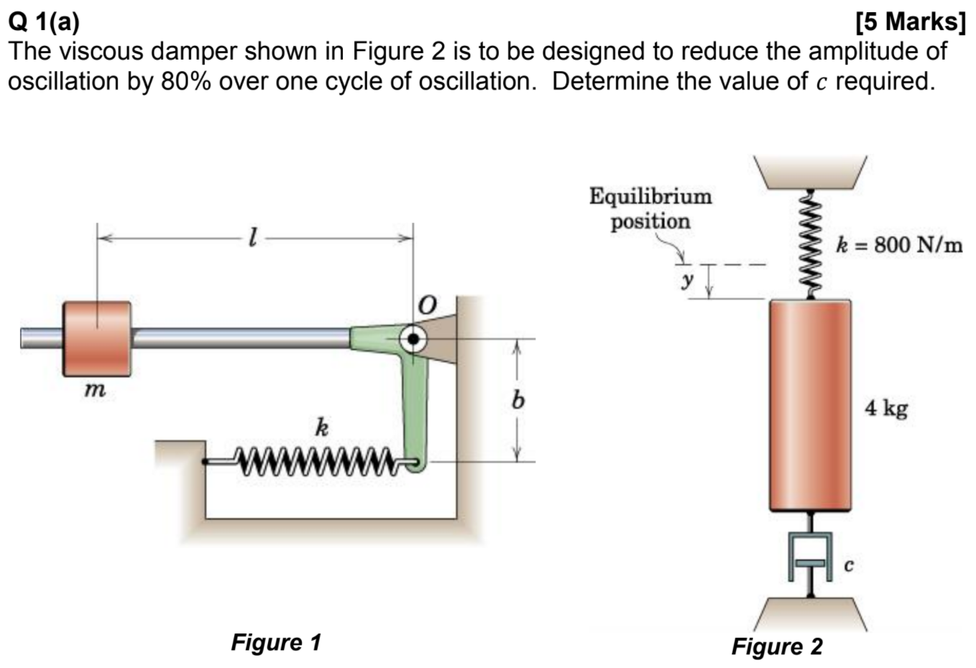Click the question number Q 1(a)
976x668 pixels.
click(44, 22)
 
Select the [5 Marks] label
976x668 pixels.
click(911, 22)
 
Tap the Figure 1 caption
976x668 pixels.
click(276, 641)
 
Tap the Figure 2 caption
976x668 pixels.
click(777, 646)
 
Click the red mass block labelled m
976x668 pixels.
click(97, 338)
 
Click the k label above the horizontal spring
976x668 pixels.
click(322, 428)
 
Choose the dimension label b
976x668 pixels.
click(515, 400)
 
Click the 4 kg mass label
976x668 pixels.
click(886, 409)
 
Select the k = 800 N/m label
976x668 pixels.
click(899, 245)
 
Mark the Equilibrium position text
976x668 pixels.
click(650, 208)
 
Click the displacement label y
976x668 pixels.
click(688, 281)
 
